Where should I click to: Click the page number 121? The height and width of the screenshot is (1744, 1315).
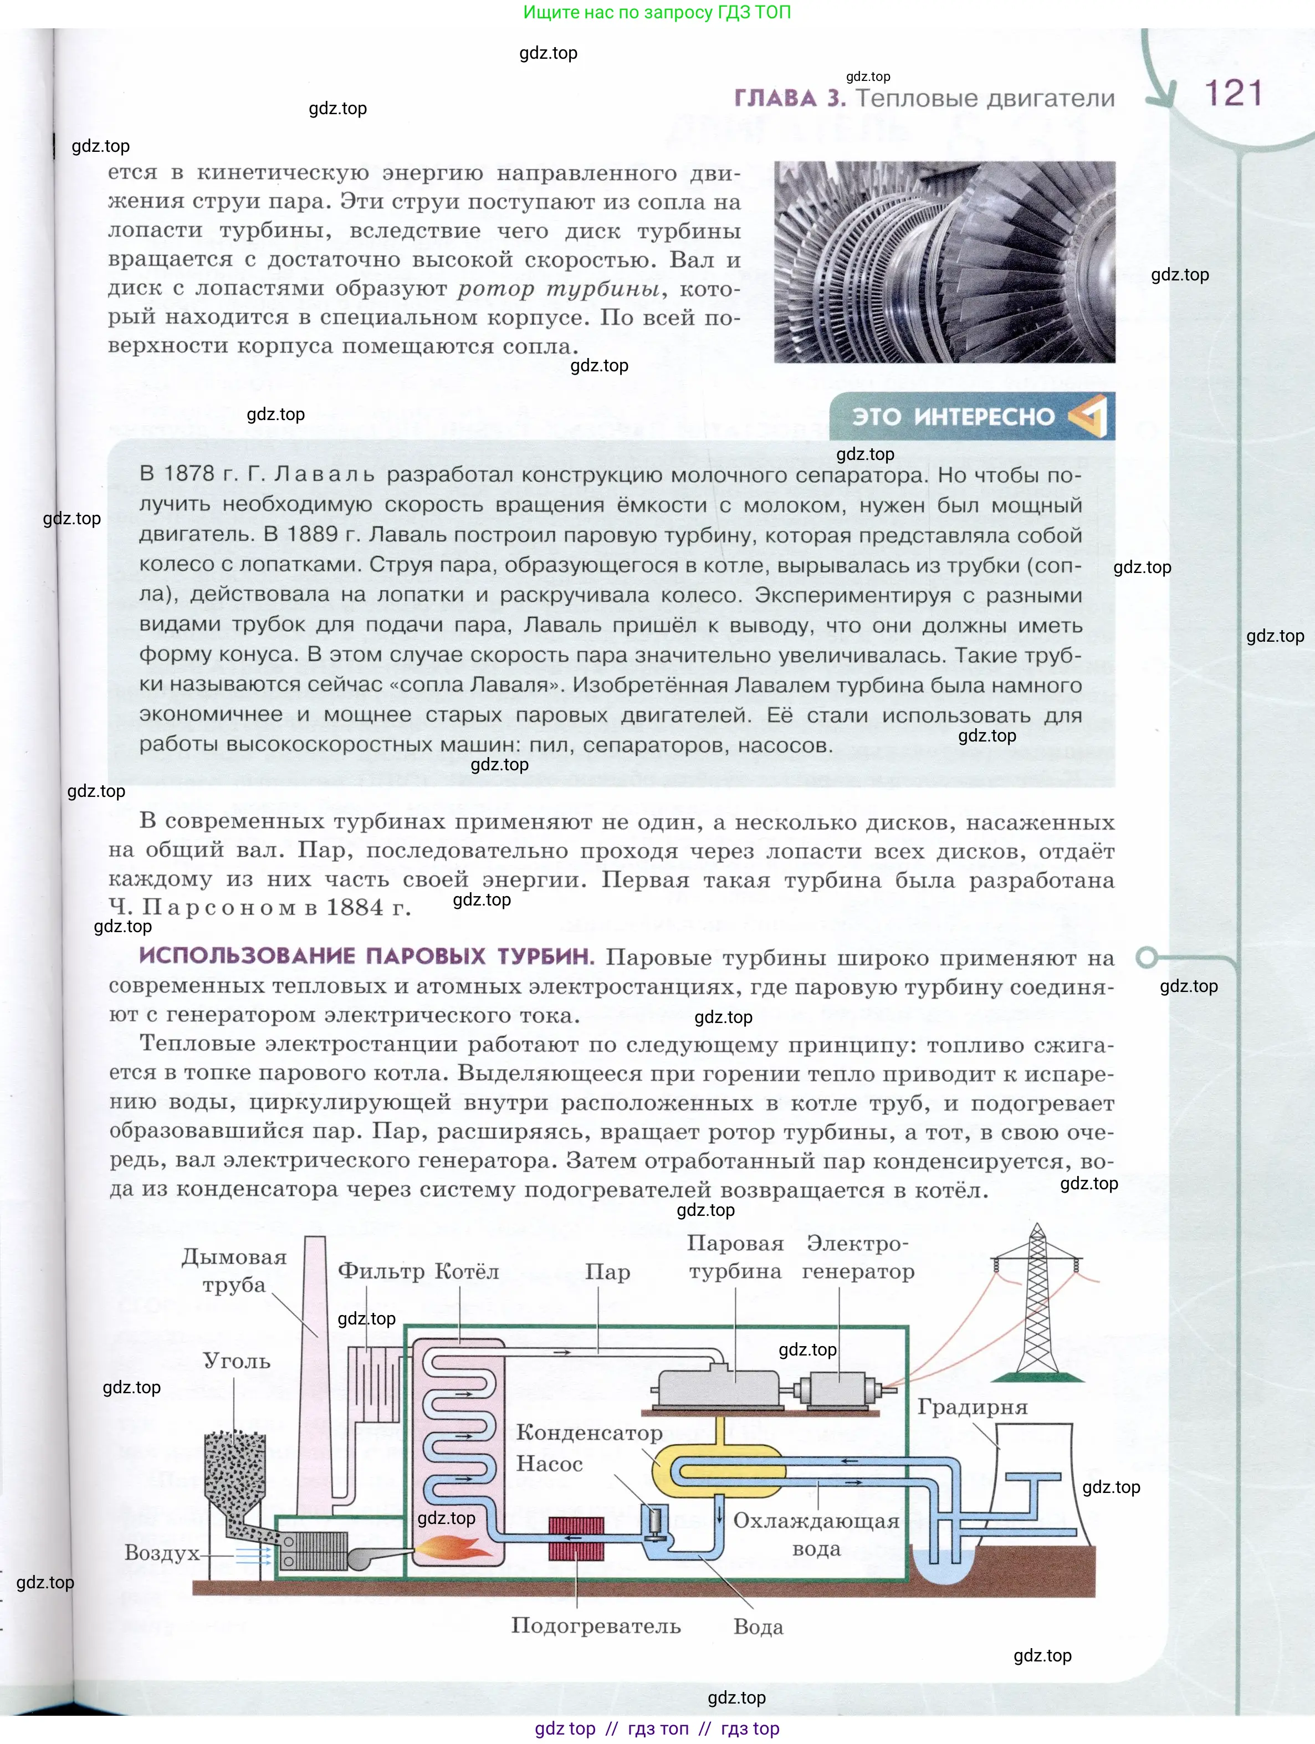coord(1233,93)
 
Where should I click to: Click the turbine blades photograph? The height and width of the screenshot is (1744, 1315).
coord(944,262)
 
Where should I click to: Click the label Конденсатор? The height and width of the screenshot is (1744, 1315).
coord(589,1433)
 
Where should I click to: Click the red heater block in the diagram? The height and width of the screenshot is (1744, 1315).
coord(576,1539)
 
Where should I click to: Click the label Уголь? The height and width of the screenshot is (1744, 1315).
coord(237,1361)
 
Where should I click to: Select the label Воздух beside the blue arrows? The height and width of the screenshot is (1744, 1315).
coord(162,1553)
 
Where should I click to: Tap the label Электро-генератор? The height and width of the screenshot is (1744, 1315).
coord(858,1257)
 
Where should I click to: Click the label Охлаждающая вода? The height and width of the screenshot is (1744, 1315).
coord(816,1535)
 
